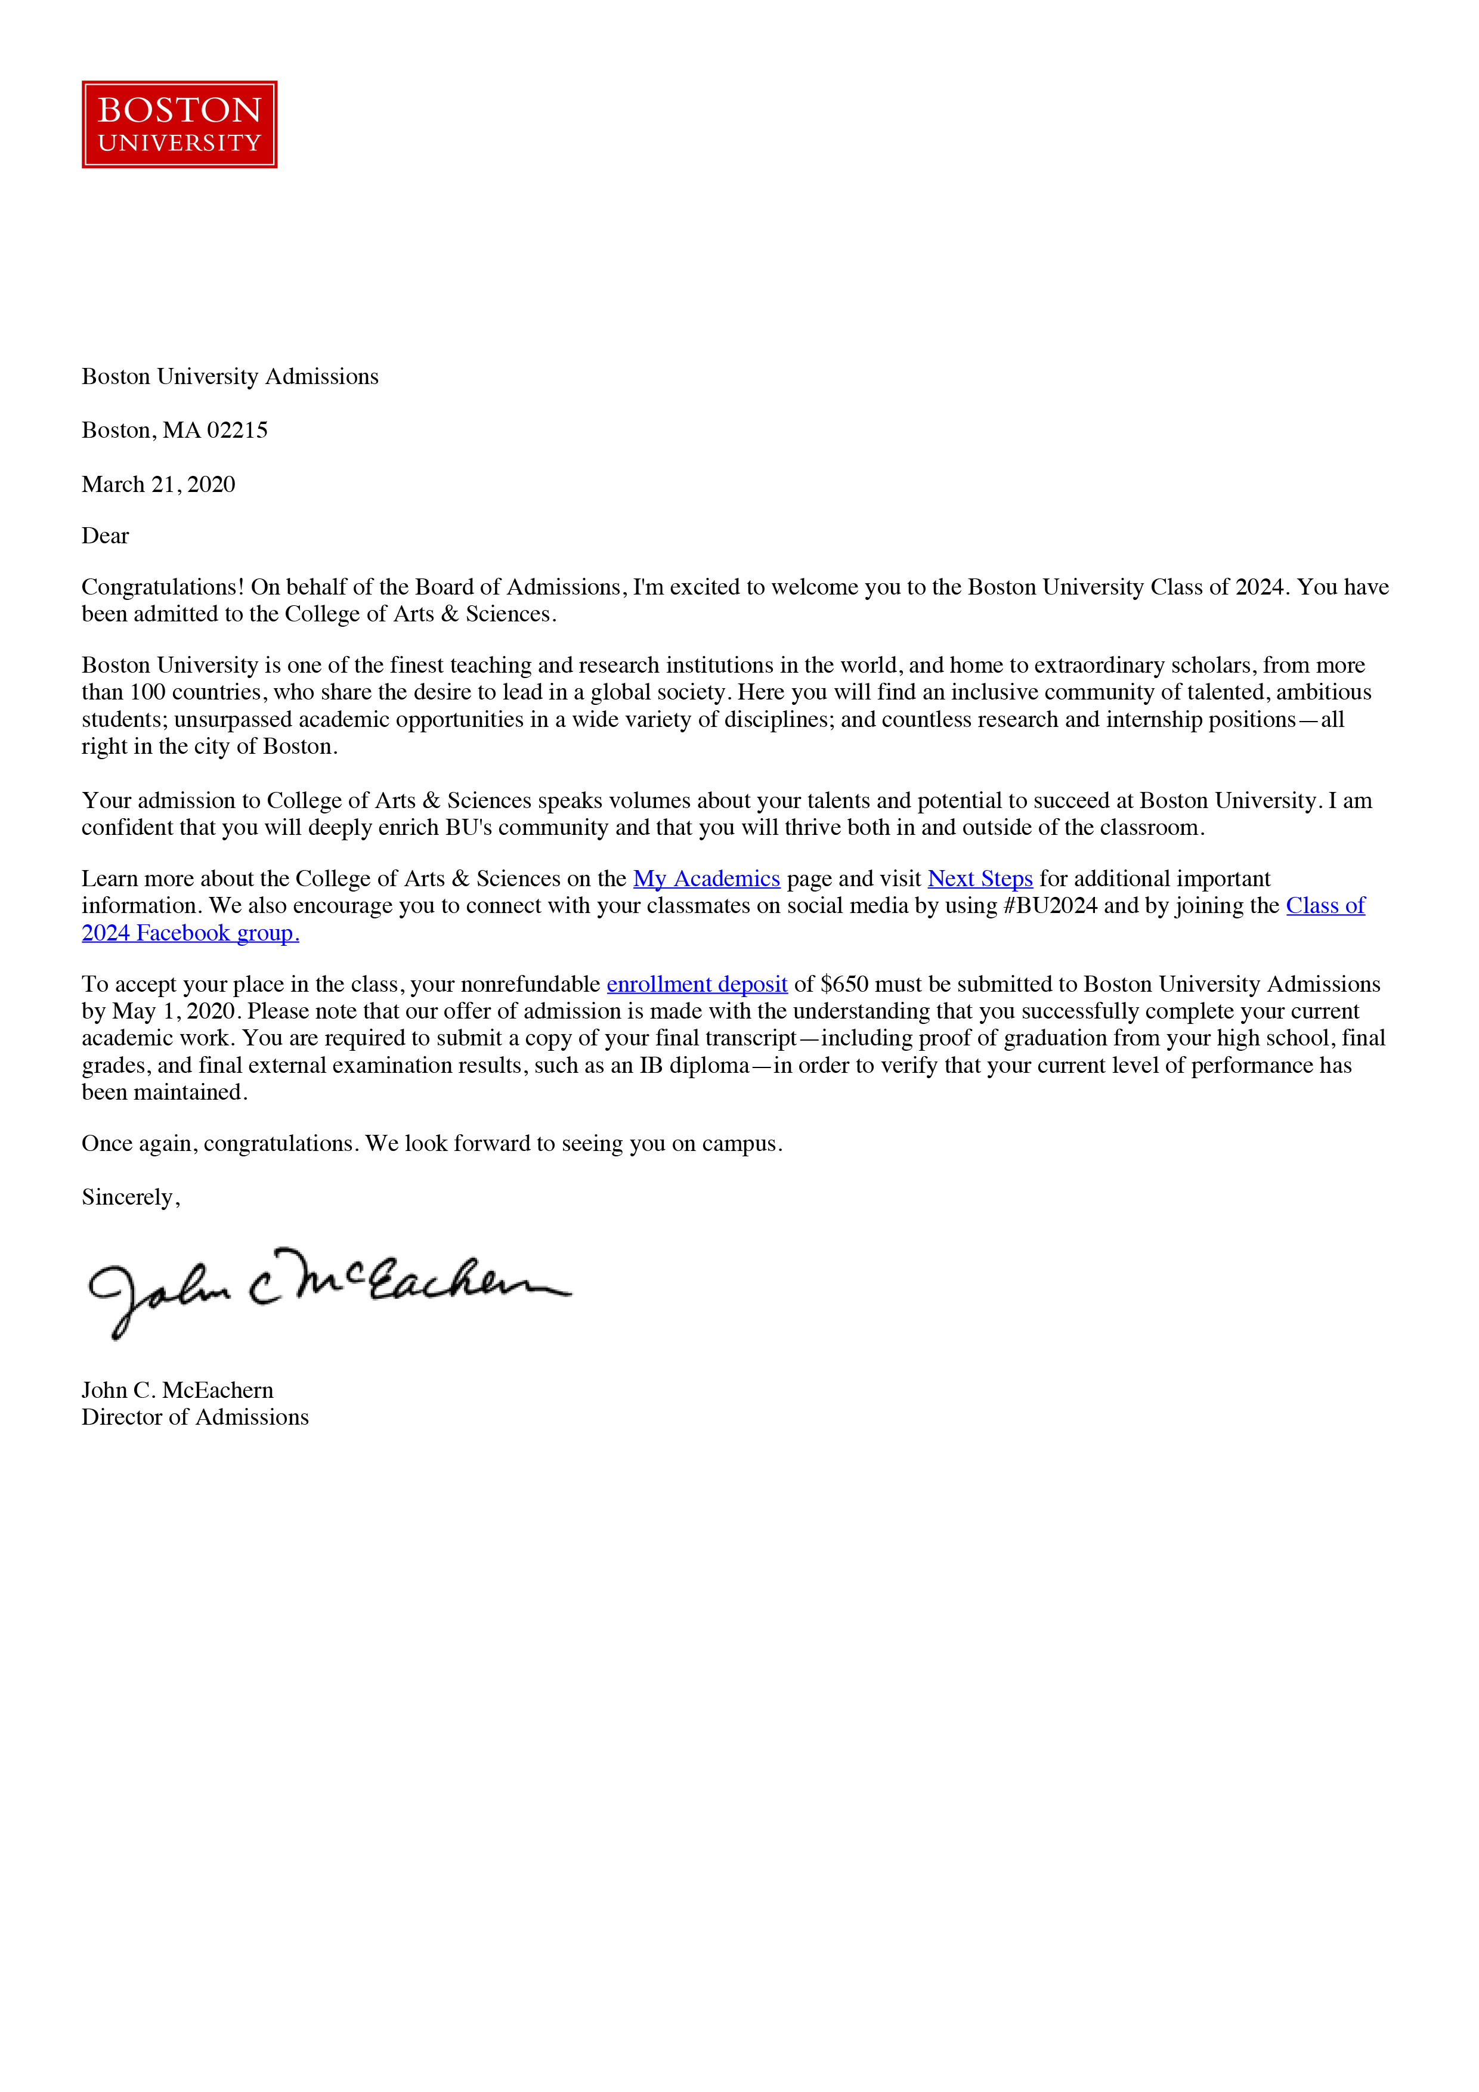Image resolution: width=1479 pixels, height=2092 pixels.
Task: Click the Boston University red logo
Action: (180, 125)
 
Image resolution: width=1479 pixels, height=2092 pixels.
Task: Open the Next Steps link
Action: (980, 878)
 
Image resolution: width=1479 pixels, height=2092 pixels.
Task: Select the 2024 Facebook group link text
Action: (190, 933)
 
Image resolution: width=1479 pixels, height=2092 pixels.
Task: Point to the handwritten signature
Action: (328, 1290)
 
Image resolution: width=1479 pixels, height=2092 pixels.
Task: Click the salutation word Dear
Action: (106, 536)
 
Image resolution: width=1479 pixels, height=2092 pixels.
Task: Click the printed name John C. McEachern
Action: (178, 1391)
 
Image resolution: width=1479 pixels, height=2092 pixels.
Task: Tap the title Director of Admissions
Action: (195, 1418)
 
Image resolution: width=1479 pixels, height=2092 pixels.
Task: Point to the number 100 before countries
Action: (148, 692)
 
